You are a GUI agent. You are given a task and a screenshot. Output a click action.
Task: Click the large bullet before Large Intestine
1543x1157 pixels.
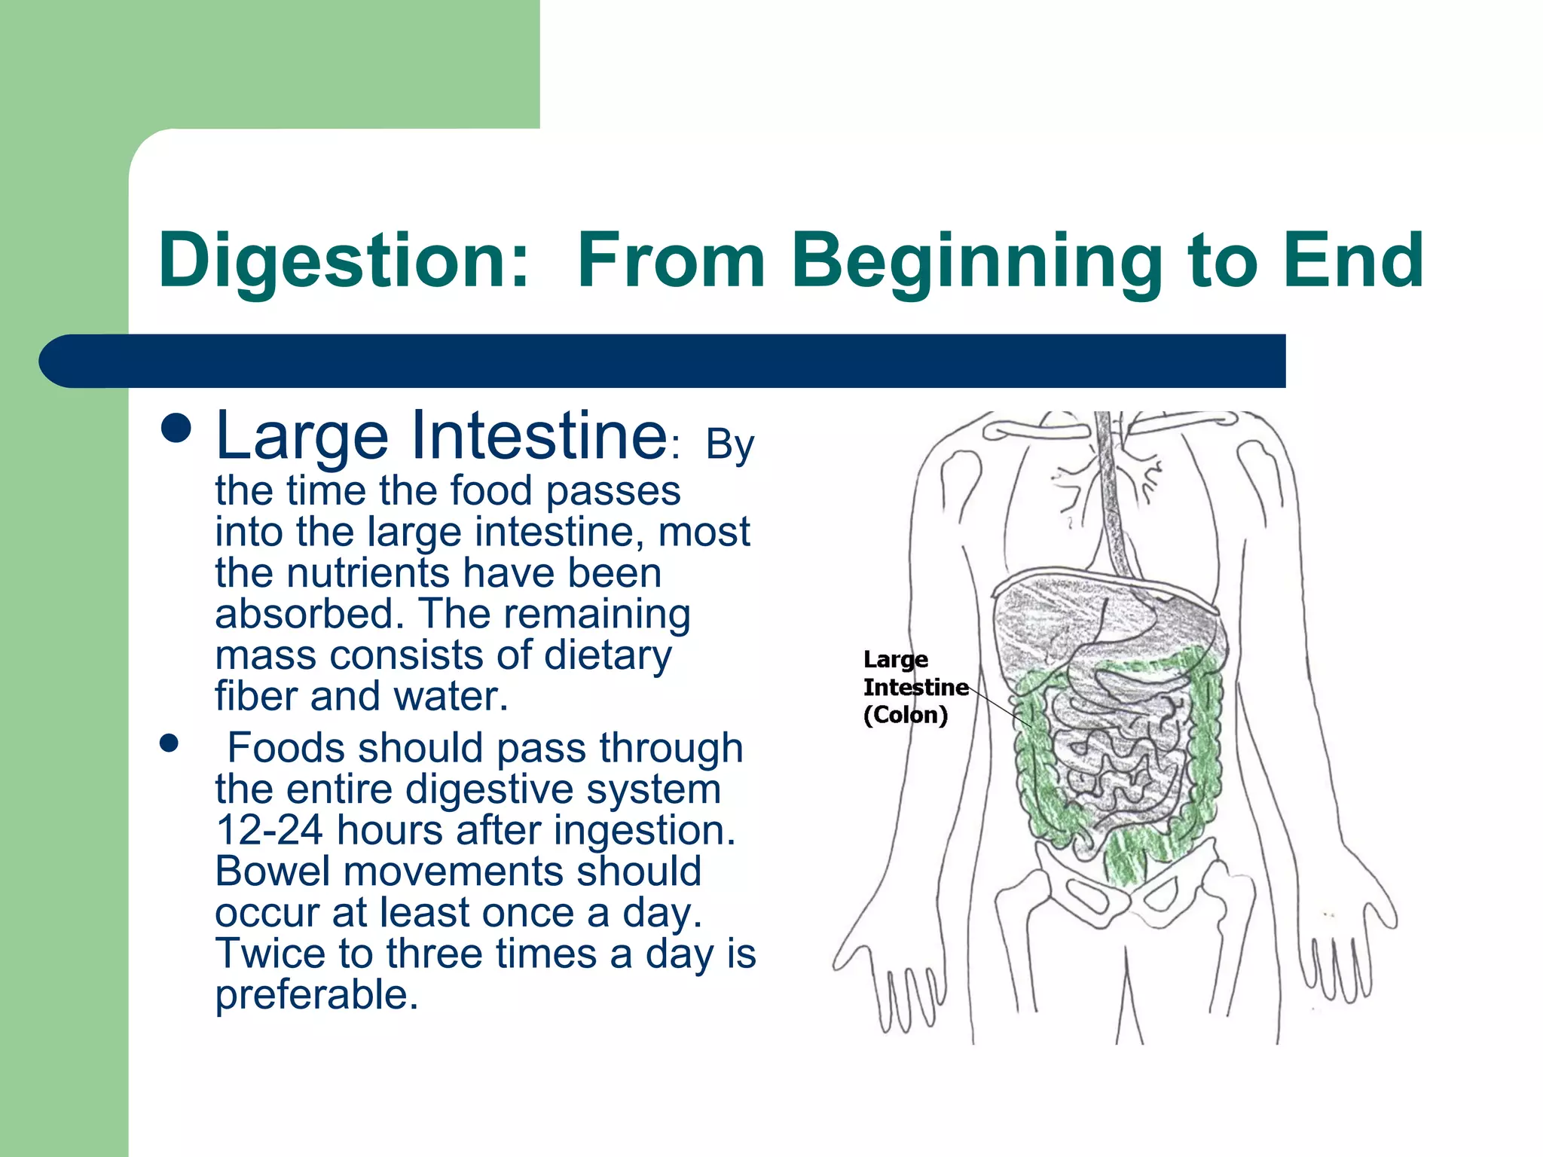click(176, 430)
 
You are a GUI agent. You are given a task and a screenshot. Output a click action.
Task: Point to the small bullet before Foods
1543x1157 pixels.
click(170, 744)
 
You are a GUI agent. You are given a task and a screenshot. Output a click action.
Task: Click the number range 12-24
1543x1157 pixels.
click(269, 830)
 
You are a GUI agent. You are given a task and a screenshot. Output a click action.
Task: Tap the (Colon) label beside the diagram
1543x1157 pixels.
click(905, 715)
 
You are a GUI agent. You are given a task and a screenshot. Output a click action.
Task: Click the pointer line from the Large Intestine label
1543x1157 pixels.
click(1000, 707)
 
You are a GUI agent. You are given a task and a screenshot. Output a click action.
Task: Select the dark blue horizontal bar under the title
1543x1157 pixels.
click(663, 361)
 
